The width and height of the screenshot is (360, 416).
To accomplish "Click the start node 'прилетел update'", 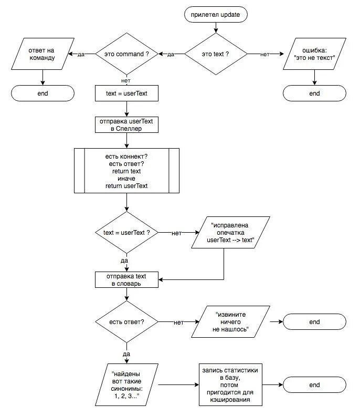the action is pyautogui.click(x=216, y=14).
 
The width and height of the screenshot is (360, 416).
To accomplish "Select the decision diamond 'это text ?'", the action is pyautogui.click(x=216, y=54).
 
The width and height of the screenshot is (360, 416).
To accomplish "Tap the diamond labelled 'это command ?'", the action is pyautogui.click(x=126, y=54).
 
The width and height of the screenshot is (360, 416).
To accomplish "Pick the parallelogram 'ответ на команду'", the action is pyautogui.click(x=43, y=54).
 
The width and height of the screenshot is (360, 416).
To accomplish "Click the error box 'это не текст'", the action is pyautogui.click(x=314, y=54).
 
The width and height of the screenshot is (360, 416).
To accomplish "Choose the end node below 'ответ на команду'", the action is pyautogui.click(x=43, y=93).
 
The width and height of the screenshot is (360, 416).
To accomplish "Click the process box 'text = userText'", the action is pyautogui.click(x=126, y=93).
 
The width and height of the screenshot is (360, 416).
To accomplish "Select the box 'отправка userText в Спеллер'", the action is pyautogui.click(x=126, y=124).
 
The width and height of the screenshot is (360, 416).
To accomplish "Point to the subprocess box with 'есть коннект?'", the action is pyautogui.click(x=126, y=171).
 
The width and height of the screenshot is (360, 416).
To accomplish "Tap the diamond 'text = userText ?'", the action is pyautogui.click(x=126, y=232).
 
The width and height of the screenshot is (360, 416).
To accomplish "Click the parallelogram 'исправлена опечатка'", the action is pyautogui.click(x=230, y=232).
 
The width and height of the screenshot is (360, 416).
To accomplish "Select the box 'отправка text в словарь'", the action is pyautogui.click(x=126, y=279).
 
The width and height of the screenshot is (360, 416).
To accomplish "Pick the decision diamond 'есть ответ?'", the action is pyautogui.click(x=126, y=322).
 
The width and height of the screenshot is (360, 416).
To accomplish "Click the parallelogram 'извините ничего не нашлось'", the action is pyautogui.click(x=230, y=322).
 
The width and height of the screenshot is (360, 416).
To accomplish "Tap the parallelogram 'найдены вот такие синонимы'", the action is pyautogui.click(x=126, y=384).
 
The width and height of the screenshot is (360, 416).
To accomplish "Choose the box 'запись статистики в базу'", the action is pyautogui.click(x=230, y=384).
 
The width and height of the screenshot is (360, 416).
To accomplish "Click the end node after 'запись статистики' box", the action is pyautogui.click(x=314, y=384).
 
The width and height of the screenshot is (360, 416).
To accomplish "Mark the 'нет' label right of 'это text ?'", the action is pyautogui.click(x=265, y=55).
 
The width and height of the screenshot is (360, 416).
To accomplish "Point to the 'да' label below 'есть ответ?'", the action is pyautogui.click(x=126, y=354).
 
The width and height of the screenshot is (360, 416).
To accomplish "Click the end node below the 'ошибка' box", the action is pyautogui.click(x=314, y=93).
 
